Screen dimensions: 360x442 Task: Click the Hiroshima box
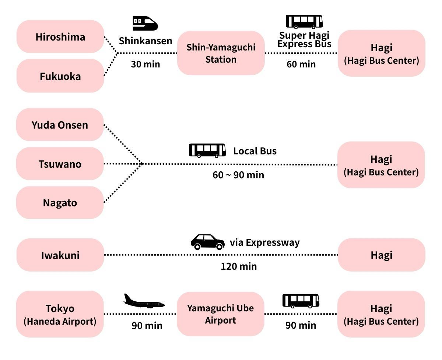60,36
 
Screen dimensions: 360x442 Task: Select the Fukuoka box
60,76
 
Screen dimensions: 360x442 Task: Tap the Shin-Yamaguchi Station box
221,53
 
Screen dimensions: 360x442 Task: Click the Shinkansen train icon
145,23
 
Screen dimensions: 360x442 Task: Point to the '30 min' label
145,64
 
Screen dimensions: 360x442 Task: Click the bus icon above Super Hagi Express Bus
304,22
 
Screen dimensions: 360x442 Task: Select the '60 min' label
301,64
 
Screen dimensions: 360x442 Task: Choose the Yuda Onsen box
60,125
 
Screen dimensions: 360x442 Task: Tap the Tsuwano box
60,164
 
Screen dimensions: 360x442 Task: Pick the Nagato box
60,202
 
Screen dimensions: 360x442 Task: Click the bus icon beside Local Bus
207,150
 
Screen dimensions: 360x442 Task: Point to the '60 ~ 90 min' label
238,175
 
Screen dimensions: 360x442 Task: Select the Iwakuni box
60,255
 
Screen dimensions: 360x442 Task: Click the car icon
207,242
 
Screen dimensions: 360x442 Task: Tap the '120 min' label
239,266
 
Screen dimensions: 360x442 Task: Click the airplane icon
144,301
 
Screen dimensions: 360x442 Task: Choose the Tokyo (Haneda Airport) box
60,314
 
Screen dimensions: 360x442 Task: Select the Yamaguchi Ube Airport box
220,314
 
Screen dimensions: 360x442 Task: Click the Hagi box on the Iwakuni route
381,255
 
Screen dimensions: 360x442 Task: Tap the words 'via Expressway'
264,242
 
